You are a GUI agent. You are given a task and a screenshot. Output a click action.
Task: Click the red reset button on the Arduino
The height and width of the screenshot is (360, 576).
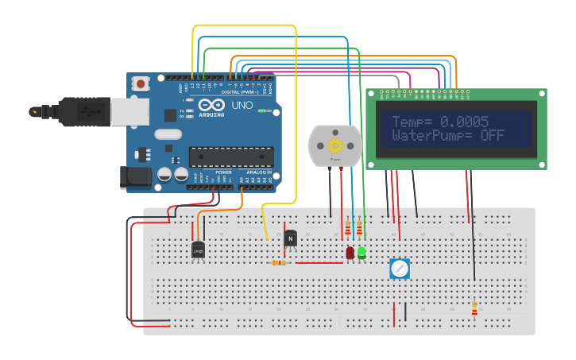pyautogui.click(x=141, y=83)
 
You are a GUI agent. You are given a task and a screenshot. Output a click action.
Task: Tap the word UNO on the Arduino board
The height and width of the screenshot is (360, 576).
pyautogui.click(x=241, y=106)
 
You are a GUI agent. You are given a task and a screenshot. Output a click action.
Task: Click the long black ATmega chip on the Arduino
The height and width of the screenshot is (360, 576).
pyautogui.click(x=230, y=157)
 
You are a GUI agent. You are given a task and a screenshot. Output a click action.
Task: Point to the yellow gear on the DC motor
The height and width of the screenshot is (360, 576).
pyautogui.click(x=334, y=145)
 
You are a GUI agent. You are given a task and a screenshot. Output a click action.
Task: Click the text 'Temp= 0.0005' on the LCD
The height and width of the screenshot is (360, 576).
pyautogui.click(x=439, y=122)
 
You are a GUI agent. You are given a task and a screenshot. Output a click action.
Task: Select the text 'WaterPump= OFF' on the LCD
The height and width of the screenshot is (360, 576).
pyautogui.click(x=448, y=136)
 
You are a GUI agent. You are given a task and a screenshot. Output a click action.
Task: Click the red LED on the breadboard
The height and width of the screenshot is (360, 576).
pyautogui.click(x=350, y=253)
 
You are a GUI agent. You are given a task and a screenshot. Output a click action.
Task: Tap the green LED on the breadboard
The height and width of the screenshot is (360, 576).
pyautogui.click(x=361, y=253)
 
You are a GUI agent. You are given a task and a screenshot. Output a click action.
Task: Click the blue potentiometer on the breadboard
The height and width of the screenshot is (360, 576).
pyautogui.click(x=400, y=269)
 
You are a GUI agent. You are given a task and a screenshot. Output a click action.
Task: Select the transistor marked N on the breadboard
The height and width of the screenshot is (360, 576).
pyautogui.click(x=290, y=238)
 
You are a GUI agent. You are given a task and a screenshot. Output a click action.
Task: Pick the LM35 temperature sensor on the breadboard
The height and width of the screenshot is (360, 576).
pyautogui.click(x=198, y=250)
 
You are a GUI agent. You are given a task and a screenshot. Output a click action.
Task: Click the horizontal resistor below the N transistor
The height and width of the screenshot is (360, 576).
pyautogui.click(x=279, y=262)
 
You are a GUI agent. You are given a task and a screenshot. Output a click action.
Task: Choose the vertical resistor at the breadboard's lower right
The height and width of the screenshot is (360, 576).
pyautogui.click(x=474, y=308)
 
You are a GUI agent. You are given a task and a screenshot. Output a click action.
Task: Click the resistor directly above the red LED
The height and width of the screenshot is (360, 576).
pyautogui.click(x=349, y=229)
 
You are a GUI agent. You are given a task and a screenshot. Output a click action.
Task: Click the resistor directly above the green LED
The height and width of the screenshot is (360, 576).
pyautogui.click(x=360, y=229)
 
